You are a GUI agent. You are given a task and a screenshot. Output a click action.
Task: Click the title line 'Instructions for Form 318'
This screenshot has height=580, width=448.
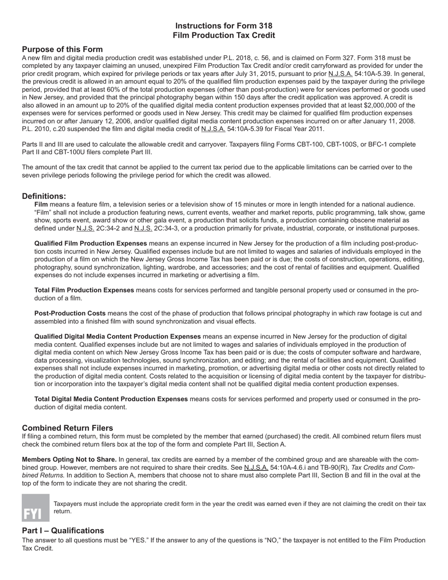click(x=224, y=26)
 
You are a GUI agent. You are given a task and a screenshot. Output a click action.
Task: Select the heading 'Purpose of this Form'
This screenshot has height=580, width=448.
click(x=62, y=50)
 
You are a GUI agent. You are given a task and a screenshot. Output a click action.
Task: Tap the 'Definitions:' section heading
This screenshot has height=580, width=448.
click(x=44, y=196)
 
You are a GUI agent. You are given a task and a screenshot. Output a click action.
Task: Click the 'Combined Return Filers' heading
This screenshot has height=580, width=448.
click(x=67, y=428)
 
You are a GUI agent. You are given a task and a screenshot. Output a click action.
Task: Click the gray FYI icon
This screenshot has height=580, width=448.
click(x=35, y=507)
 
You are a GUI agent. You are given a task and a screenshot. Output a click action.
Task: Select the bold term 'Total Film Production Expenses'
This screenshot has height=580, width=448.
click(x=84, y=290)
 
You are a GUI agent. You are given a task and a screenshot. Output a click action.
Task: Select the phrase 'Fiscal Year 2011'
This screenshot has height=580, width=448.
click(x=297, y=129)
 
